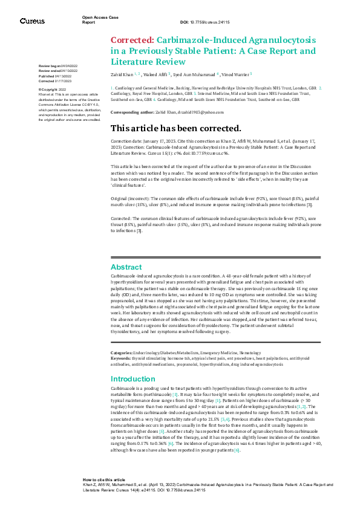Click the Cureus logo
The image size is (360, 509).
coord(31,21)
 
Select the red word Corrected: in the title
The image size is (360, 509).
coord(128,40)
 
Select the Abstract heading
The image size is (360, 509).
coord(126,267)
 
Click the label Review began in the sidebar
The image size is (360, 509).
coord(50,65)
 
